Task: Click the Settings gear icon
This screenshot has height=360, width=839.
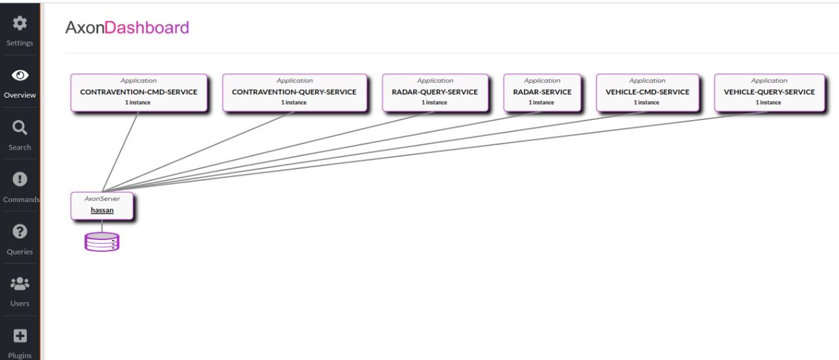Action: point(20,24)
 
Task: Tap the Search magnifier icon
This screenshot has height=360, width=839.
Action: point(20,127)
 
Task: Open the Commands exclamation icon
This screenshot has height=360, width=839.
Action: point(20,179)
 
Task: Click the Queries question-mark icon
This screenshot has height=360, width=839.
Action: point(20,231)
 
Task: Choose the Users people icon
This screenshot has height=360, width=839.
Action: point(20,283)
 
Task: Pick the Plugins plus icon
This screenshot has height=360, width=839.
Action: point(20,336)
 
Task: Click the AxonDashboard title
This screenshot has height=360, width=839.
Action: point(127,28)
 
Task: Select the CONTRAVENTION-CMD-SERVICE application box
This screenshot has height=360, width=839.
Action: point(138,92)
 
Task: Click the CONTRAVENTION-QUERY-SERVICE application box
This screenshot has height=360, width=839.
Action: point(294,92)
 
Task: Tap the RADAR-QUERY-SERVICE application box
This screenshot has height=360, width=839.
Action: point(435,92)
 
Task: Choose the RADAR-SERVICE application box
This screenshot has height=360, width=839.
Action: point(542,92)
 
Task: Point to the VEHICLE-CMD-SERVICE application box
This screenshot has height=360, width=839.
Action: point(647,92)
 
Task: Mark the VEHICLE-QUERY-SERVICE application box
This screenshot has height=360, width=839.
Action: point(769,92)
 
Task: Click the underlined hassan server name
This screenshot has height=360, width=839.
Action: point(102,210)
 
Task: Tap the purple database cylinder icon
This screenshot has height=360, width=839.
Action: point(102,242)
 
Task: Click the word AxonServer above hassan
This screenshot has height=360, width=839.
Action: point(102,199)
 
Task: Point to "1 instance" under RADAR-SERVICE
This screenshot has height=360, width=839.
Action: point(542,103)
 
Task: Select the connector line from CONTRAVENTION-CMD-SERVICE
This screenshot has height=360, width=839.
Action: point(121,151)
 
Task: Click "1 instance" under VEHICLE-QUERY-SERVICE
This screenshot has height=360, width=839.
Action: point(769,103)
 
